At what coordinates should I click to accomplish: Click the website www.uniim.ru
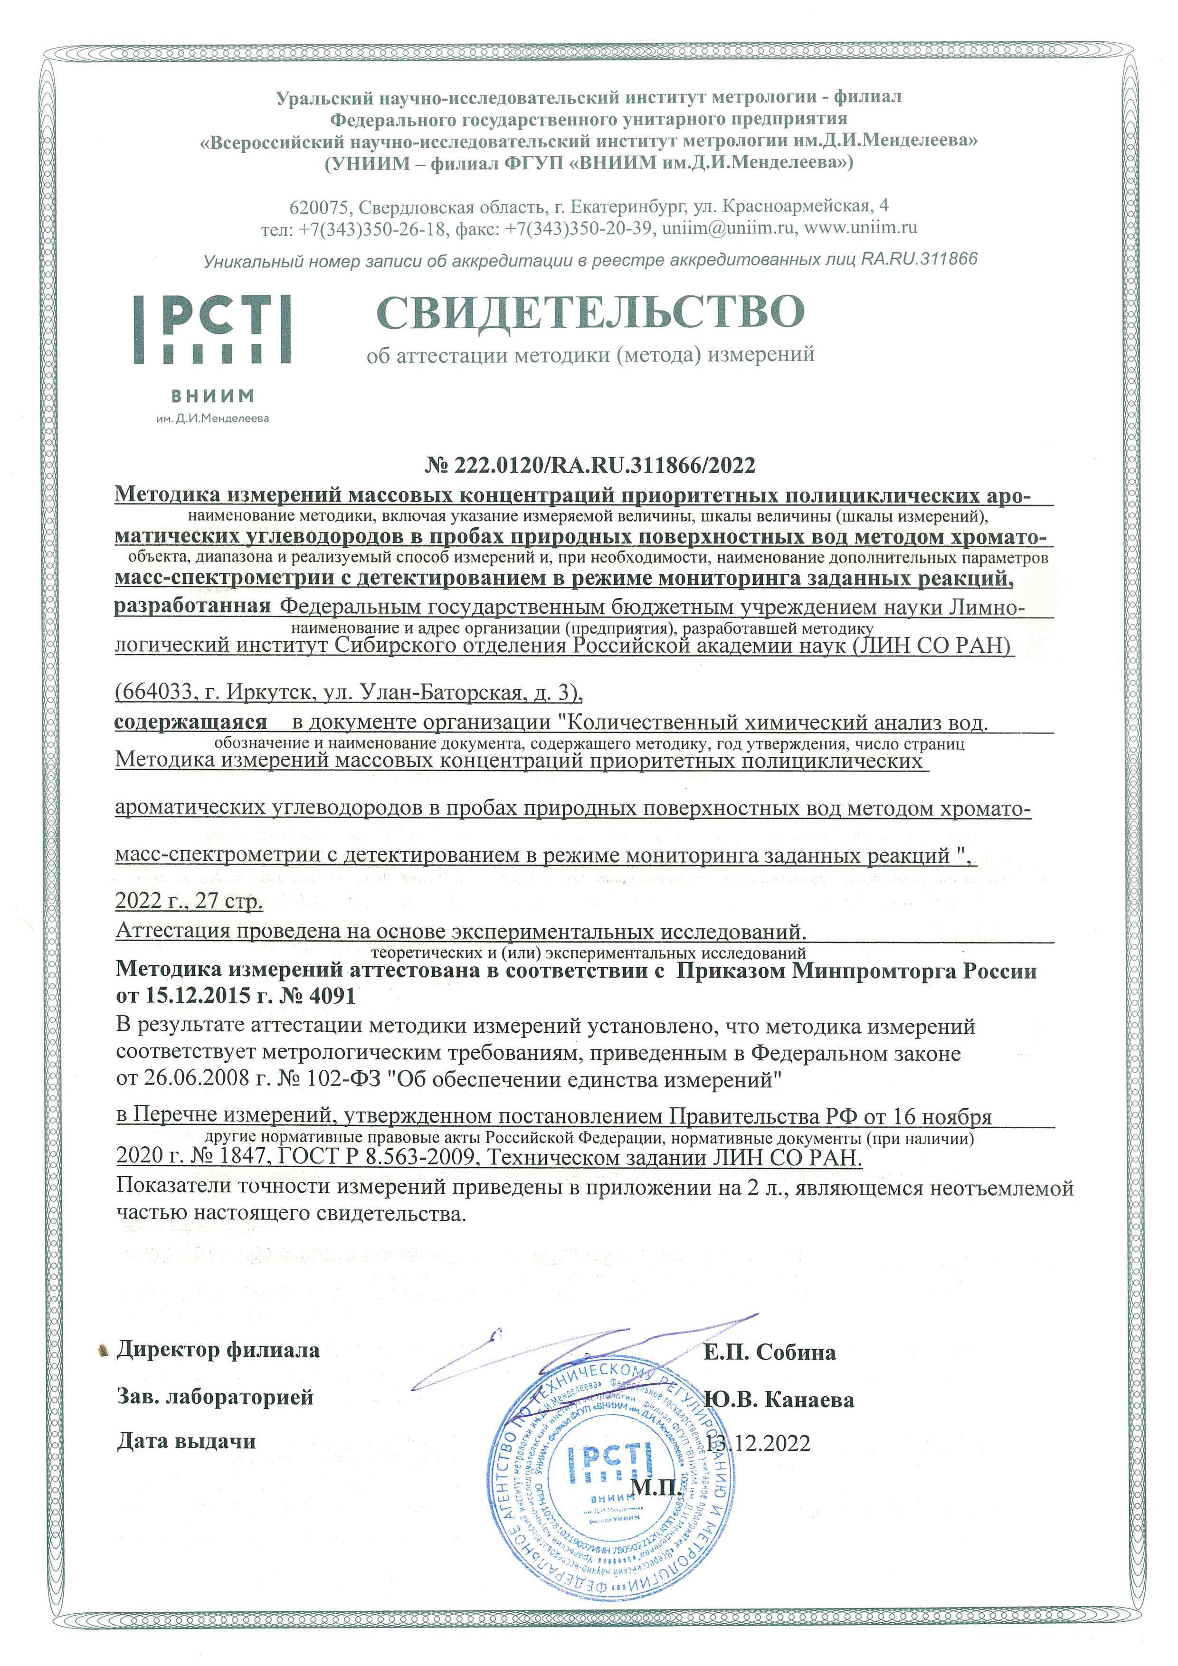coord(861,228)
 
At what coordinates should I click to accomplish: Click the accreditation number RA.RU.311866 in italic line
coord(919,259)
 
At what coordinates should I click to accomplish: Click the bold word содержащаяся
coord(191,722)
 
